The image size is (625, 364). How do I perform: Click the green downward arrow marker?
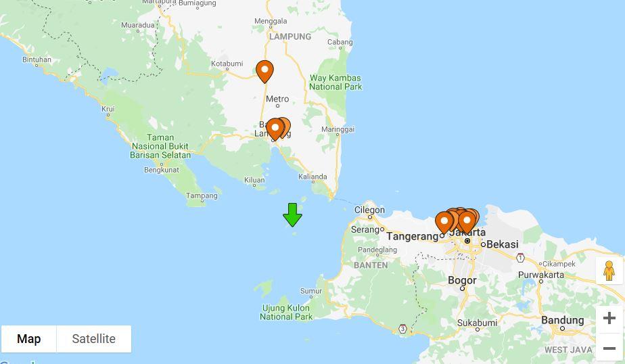[292, 214]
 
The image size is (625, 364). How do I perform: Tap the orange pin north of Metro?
[264, 71]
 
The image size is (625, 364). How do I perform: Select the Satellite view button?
[93, 339]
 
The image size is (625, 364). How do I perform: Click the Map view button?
[28, 339]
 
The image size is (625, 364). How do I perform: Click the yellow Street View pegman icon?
[609, 271]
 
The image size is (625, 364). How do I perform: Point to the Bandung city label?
[562, 320]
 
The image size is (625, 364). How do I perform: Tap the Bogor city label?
[462, 280]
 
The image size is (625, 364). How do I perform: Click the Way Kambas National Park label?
[335, 82]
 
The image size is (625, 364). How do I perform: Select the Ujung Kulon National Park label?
[286, 312]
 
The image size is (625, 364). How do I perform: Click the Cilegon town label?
[369, 210]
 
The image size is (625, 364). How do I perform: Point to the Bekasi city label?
[502, 244]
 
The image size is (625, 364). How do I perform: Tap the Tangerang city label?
[413, 236]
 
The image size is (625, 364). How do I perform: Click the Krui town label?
[108, 108]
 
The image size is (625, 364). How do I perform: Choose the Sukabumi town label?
[477, 323]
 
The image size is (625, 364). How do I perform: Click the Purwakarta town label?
[540, 275]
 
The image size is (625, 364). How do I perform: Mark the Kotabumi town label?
[227, 64]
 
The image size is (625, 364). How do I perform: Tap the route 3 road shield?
[403, 329]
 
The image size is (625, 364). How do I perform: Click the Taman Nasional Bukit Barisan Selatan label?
[160, 146]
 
